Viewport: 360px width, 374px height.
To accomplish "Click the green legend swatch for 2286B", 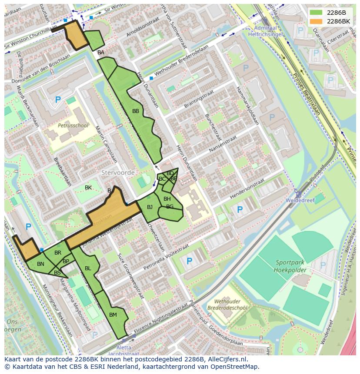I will tap(317, 13).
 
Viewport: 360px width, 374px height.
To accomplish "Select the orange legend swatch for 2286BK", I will tap(317, 21).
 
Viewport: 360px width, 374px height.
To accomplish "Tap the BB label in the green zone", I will tap(136, 111).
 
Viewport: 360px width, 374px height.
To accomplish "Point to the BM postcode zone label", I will tap(113, 314).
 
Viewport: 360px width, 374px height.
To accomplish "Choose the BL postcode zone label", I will tap(88, 268).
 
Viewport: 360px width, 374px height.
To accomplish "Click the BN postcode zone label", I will tap(40, 264).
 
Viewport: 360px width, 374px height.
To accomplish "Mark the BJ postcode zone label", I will tap(150, 207).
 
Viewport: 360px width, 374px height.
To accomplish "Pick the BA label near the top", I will tap(101, 53).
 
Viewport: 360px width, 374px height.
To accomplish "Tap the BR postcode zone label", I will tap(58, 253).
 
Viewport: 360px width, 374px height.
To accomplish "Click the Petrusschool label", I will tap(73, 126).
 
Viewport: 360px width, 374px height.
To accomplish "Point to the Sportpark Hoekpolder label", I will tap(291, 266).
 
